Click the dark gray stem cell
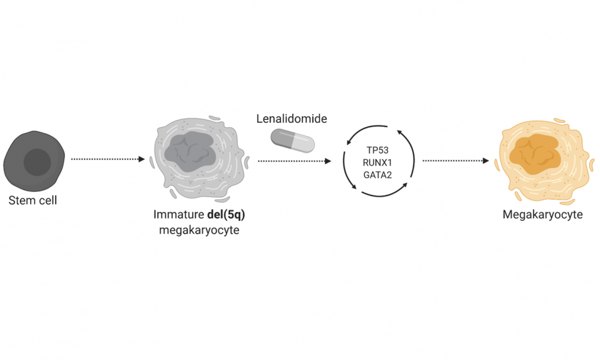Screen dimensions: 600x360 coord(34,161)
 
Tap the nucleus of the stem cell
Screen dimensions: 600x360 coord(37,162)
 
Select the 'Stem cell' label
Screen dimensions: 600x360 coord(32,200)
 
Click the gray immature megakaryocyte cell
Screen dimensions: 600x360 coord(199,159)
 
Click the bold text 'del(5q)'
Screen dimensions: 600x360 coord(226,215)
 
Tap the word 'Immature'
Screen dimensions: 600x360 coord(179,214)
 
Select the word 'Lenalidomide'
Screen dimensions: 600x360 coord(292,119)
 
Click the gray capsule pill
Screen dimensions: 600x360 coord(293,140)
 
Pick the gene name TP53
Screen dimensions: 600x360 coord(377,150)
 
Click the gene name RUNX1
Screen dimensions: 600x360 coord(377,163)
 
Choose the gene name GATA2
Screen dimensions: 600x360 coord(377,175)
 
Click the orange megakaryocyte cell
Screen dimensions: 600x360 coord(545,161)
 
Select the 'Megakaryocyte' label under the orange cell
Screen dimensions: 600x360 coord(542,215)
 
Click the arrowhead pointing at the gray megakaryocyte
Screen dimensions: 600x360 coord(142,159)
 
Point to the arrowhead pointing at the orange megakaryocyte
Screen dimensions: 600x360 coord(486,161)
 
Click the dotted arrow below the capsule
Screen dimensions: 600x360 coord(295,161)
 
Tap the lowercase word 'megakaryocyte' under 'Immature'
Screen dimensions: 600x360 coord(199,230)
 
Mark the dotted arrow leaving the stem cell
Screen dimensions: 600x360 coord(108,159)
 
